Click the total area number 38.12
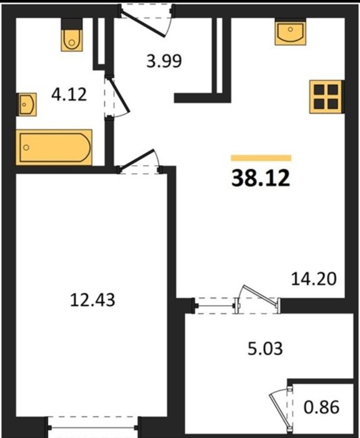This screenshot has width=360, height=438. pyautogui.click(x=261, y=178)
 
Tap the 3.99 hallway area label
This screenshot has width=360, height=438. pyautogui.click(x=164, y=61)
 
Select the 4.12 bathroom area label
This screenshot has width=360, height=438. pyautogui.click(x=69, y=94)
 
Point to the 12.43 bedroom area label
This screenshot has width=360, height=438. pyautogui.click(x=92, y=300)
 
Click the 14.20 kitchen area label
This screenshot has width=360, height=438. pyautogui.click(x=314, y=279)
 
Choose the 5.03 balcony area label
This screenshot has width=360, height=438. pyautogui.click(x=265, y=349)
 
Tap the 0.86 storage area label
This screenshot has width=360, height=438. pyautogui.click(x=321, y=407)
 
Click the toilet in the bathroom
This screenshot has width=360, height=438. pyautogui.click(x=72, y=35)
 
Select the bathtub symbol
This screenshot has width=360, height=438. pyautogui.click(x=54, y=147)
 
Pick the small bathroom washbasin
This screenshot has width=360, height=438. pyautogui.click(x=27, y=104)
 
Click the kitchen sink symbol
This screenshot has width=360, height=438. pyautogui.click(x=290, y=32)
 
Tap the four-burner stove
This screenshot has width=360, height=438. pyautogui.click(x=326, y=96)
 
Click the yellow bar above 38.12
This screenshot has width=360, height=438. pyautogui.click(x=261, y=158)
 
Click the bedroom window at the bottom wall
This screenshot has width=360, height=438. pyautogui.click(x=92, y=427)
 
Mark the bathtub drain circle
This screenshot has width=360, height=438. pyautogui.click(x=26, y=147)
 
